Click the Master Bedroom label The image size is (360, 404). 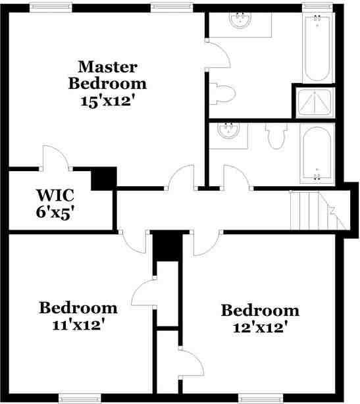[107, 75]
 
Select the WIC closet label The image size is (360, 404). [55, 195]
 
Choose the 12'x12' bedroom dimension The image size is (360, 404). [259, 326]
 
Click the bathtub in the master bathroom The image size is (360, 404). [319, 47]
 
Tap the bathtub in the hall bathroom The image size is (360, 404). [318, 153]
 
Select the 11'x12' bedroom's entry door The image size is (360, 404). [136, 241]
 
